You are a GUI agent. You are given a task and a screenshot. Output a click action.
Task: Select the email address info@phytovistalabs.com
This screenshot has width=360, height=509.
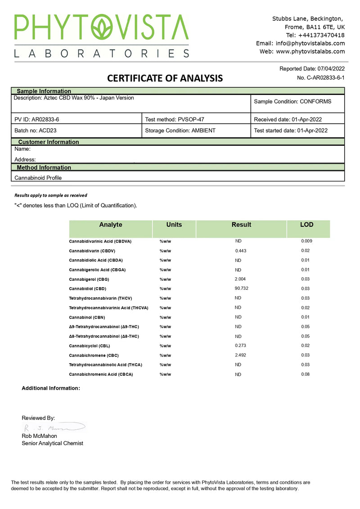[310, 43]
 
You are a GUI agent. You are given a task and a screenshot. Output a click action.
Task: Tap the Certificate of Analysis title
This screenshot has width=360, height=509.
[165, 78]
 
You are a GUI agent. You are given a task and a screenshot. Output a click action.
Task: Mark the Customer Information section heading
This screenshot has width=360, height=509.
[48, 142]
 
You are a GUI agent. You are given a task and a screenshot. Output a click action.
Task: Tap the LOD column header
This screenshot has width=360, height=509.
[307, 225]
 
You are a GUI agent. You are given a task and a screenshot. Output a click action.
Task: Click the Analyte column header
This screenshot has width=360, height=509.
[110, 225]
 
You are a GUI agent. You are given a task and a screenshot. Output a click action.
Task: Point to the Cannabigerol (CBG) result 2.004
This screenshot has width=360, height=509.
[241, 279]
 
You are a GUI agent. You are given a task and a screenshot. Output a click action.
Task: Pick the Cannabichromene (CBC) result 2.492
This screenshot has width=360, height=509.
[241, 355]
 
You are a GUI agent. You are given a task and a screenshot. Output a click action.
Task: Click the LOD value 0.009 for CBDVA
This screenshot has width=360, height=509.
[306, 241]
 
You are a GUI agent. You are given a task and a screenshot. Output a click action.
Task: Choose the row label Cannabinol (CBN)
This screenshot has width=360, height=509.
[87, 317]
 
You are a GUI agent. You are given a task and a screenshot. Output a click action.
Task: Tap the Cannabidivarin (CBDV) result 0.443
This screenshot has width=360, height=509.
[241, 251]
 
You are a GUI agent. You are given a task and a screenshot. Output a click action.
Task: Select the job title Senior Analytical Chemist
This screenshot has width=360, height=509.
[52, 443]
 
